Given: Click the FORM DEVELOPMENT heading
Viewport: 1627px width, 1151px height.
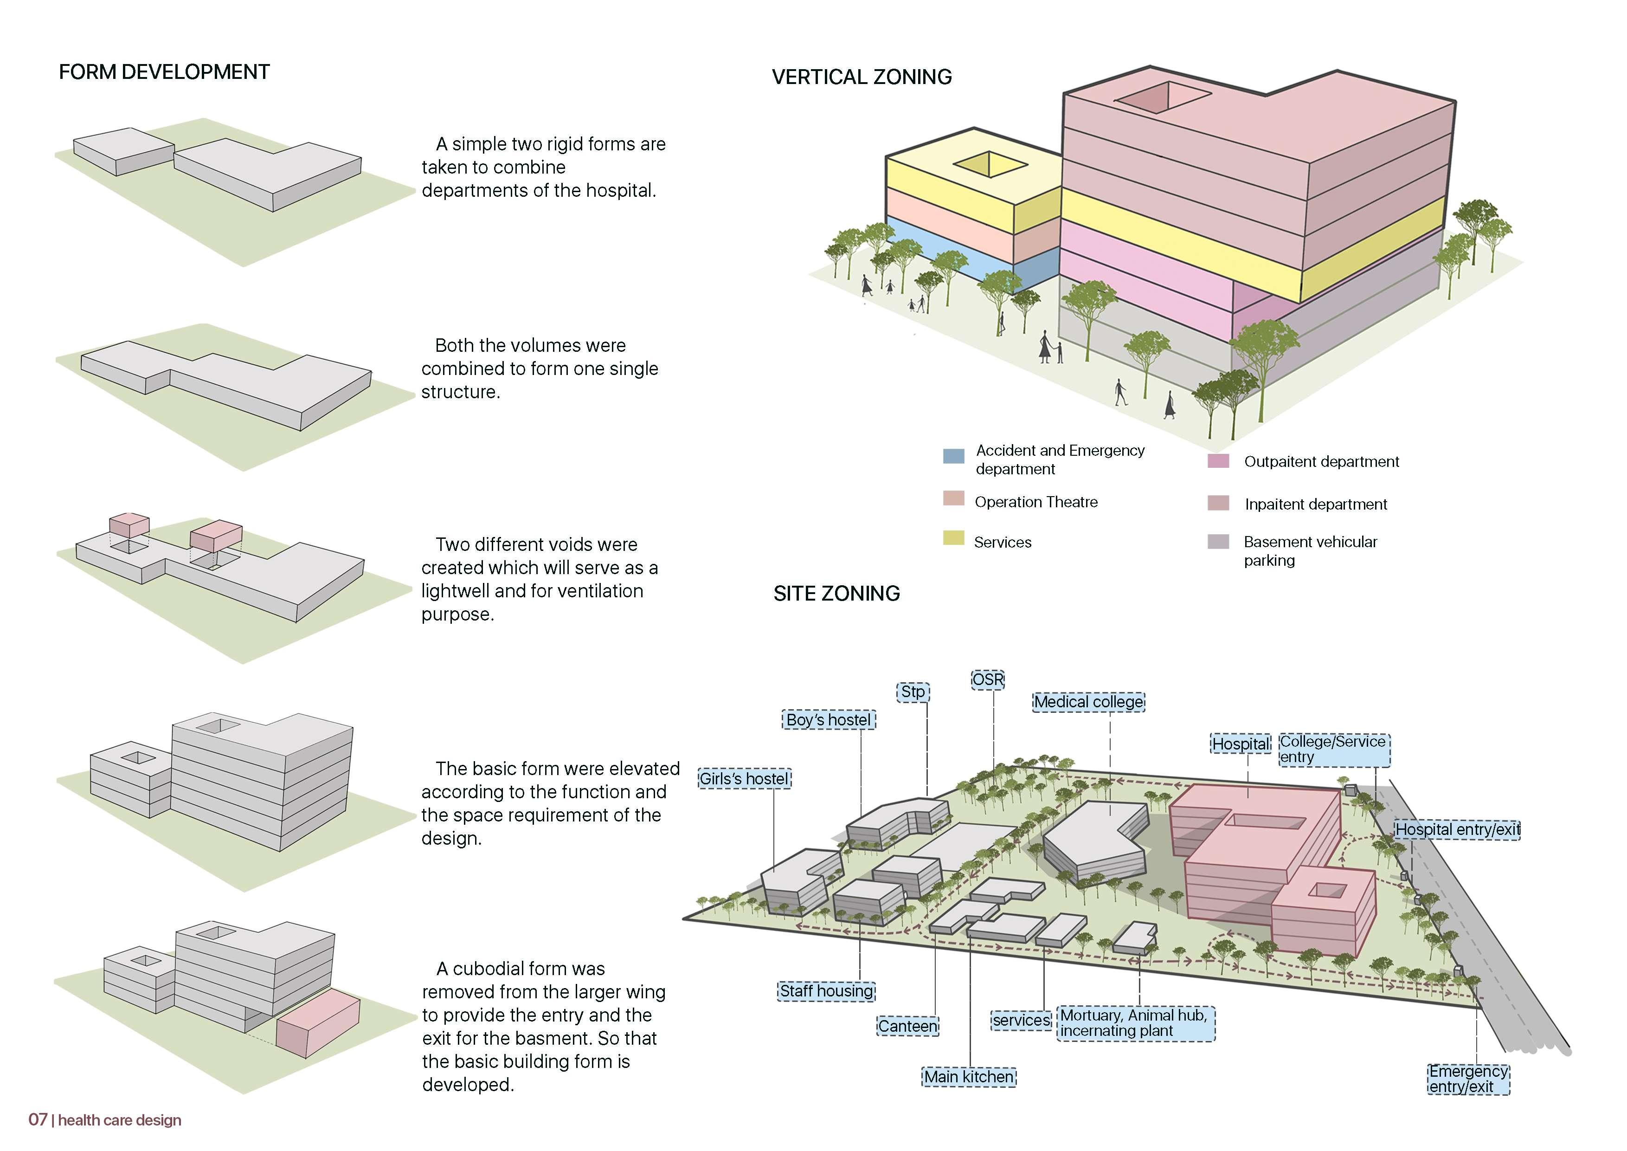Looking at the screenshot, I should click(164, 72).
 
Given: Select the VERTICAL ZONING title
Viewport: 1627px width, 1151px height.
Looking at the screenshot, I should click(861, 77).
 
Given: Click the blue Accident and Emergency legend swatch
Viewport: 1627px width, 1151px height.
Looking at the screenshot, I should click(953, 456).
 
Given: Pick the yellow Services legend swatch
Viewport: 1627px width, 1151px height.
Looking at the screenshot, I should click(953, 538).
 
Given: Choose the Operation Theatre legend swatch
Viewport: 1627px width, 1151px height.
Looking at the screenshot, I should click(953, 498).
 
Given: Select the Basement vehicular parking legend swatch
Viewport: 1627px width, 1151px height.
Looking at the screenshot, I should click(1217, 542).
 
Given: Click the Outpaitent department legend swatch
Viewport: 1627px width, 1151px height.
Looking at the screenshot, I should click(1217, 461).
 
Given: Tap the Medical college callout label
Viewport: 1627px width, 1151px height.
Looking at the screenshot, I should click(1088, 702).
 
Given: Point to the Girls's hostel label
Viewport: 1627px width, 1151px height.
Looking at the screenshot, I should click(744, 779).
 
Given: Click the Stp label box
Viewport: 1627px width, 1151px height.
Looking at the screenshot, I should click(913, 692).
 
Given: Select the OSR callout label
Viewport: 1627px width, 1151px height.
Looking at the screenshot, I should click(988, 679).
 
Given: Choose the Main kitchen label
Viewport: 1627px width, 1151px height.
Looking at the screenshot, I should click(969, 1077).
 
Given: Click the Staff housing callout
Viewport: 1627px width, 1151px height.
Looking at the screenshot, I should click(826, 991).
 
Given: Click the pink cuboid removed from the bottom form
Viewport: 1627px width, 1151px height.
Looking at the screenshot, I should click(317, 1024).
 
